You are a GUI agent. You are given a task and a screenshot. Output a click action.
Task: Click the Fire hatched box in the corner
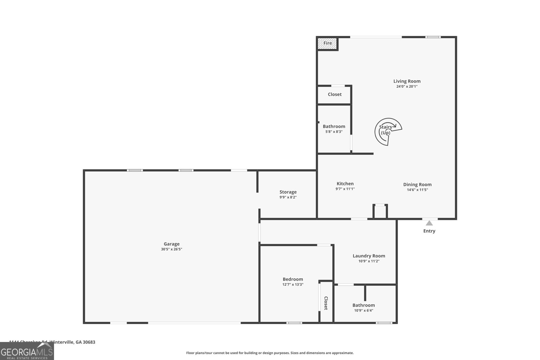(327, 43)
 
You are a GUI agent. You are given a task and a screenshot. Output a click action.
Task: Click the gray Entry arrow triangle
(429, 223)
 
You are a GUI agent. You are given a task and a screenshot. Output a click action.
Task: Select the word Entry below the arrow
(429, 231)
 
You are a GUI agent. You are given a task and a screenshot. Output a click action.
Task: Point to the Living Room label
(407, 81)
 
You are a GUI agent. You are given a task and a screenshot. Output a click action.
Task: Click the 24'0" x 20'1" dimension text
(407, 86)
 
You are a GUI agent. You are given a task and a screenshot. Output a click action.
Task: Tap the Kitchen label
(345, 184)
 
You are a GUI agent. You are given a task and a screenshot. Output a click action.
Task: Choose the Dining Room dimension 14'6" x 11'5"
(417, 190)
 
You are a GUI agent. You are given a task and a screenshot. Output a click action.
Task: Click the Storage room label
(288, 192)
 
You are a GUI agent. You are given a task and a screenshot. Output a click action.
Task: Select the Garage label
(171, 244)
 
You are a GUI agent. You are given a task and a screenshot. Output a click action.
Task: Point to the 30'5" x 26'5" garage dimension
(171, 249)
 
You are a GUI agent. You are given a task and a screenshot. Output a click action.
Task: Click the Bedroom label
(293, 279)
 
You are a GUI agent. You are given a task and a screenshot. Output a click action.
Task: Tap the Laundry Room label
(369, 256)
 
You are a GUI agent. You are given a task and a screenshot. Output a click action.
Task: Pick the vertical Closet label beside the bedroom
(326, 303)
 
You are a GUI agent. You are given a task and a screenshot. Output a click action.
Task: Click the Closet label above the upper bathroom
(334, 94)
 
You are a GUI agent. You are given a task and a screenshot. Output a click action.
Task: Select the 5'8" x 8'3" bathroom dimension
(334, 132)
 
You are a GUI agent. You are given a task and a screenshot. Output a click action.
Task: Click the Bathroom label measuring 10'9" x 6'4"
(363, 305)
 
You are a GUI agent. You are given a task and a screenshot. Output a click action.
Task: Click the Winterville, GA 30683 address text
(72, 342)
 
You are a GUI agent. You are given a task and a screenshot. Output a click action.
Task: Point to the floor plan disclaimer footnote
(270, 353)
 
